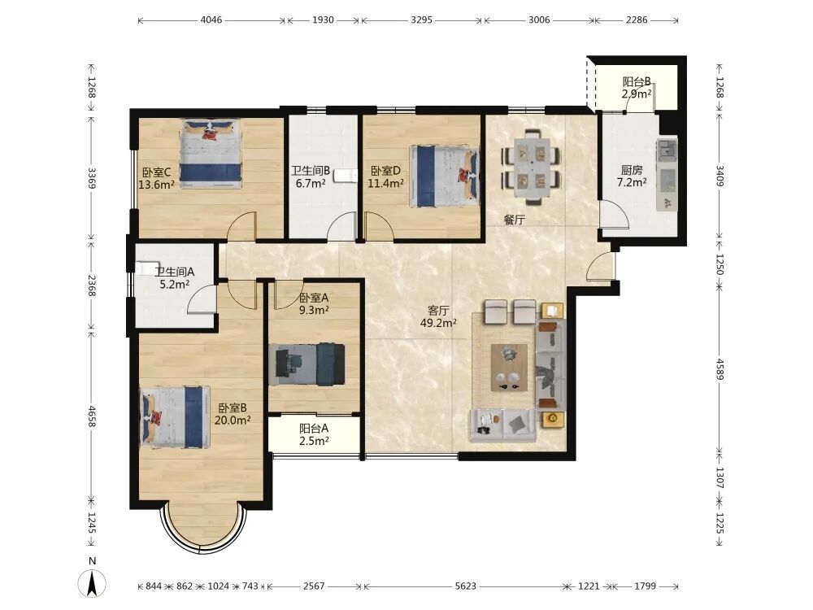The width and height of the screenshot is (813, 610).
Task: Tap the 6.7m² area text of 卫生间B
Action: [x=311, y=183]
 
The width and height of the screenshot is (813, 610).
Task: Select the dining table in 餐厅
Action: [x=532, y=166]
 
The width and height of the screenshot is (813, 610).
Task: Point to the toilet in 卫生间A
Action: [x=145, y=268]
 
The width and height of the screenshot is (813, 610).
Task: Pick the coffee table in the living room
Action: [x=509, y=368]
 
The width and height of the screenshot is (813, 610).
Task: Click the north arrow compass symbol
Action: [x=93, y=582]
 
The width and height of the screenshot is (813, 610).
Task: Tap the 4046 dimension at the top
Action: [x=211, y=20]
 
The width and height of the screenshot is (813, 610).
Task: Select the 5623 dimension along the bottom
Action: [x=465, y=586]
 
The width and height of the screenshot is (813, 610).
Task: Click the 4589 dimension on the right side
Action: [x=720, y=369]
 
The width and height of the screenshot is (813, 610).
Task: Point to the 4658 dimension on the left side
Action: [x=92, y=416]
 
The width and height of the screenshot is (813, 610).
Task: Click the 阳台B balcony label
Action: [x=637, y=82]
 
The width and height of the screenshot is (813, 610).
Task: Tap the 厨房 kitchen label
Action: [x=632, y=170]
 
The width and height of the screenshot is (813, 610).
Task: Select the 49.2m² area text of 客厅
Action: [x=438, y=323]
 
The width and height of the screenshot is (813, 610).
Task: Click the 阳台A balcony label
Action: [x=314, y=429]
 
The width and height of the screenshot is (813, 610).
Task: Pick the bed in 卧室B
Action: [x=176, y=416]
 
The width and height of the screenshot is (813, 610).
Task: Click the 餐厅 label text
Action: [x=515, y=220]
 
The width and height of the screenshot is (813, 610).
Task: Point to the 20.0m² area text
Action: [x=233, y=420]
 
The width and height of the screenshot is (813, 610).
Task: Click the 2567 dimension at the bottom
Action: [x=314, y=586]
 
